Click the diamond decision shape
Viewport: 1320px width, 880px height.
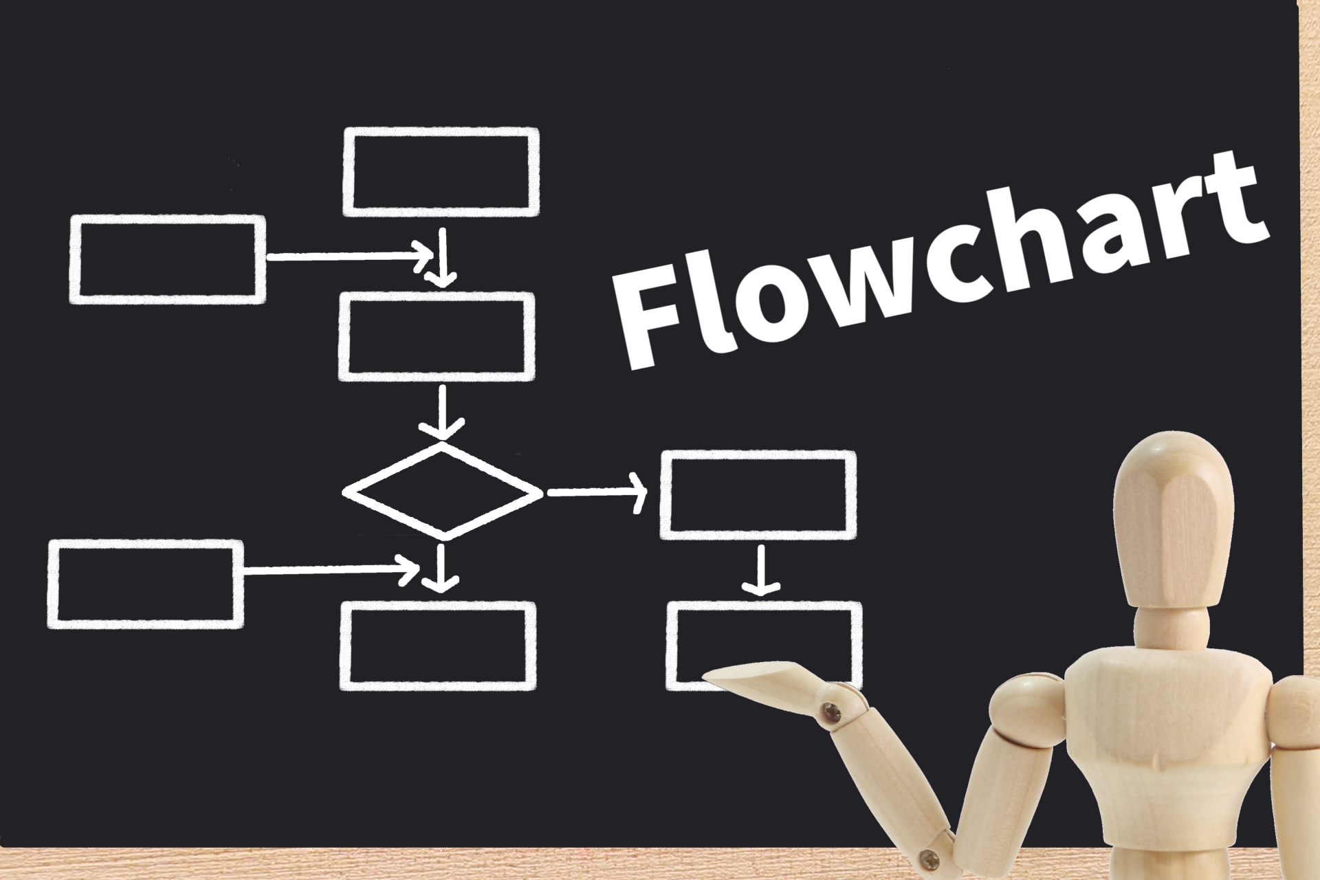pos(443,491)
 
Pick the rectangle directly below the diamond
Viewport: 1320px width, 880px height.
pos(437,646)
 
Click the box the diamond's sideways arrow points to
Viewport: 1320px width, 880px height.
pos(758,495)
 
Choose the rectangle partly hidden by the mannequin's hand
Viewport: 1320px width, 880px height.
pos(764,646)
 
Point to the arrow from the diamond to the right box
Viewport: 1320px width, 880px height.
pos(597,492)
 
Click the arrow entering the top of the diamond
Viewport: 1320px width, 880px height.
pos(442,412)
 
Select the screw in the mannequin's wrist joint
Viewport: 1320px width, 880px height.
pos(835,710)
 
